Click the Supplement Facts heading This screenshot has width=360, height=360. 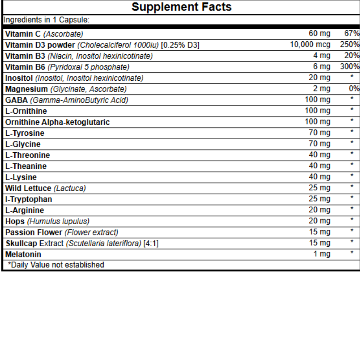[181, 6]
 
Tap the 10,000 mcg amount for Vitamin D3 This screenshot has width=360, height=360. [310, 45]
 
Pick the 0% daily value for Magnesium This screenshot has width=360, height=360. [354, 89]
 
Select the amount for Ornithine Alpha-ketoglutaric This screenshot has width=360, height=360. [317, 122]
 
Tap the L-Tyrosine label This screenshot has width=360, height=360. [25, 133]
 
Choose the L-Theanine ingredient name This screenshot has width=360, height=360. [26, 166]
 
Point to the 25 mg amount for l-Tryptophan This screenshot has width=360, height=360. [319, 199]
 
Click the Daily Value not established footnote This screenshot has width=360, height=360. [55, 265]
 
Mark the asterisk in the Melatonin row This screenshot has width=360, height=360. [352, 253]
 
